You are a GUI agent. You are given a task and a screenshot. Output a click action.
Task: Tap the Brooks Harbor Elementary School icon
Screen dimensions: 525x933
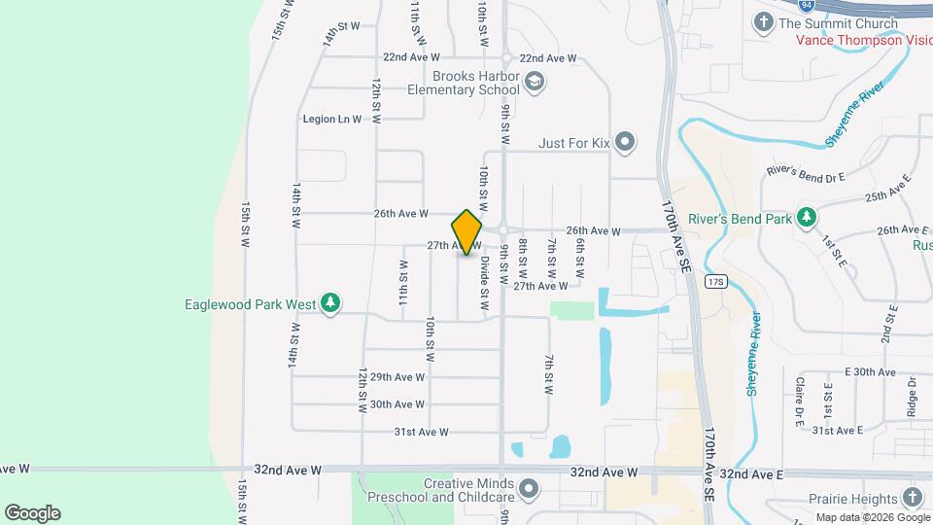click(x=533, y=82)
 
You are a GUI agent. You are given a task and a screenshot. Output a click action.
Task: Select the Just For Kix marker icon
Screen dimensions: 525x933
click(x=625, y=144)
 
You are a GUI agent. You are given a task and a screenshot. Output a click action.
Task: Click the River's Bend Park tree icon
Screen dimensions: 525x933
click(x=806, y=218)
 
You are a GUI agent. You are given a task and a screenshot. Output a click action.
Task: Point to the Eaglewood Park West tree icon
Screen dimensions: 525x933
click(x=330, y=304)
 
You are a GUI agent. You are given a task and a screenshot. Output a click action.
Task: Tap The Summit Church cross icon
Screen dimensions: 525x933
click(x=764, y=22)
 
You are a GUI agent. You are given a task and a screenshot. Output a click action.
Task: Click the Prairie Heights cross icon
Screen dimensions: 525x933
click(x=911, y=498)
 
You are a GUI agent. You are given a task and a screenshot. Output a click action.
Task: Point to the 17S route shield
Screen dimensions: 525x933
click(x=716, y=282)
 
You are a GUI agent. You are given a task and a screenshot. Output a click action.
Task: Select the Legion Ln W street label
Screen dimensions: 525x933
click(x=331, y=120)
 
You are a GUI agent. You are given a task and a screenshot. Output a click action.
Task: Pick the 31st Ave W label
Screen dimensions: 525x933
click(x=421, y=432)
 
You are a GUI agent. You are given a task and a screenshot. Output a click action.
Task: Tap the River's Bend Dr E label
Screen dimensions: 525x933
click(x=806, y=172)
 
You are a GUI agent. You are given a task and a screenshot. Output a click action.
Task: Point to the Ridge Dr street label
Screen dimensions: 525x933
click(x=912, y=396)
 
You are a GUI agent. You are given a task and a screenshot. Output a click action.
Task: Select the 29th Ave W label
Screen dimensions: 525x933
click(x=397, y=377)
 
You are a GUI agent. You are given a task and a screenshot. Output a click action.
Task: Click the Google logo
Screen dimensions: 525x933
click(x=32, y=513)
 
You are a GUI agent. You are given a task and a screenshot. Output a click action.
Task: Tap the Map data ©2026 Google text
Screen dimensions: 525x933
click(x=871, y=516)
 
